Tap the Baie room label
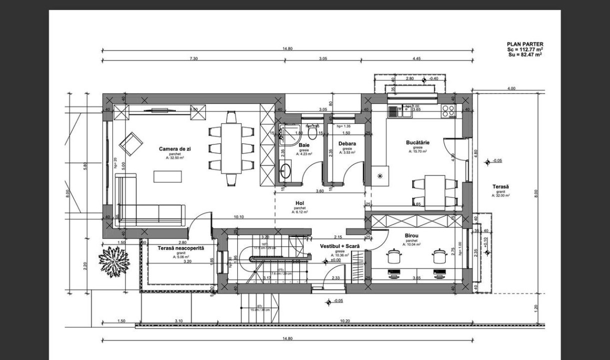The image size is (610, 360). pyautogui.click(x=304, y=144)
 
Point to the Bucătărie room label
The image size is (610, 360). pyautogui.click(x=418, y=142)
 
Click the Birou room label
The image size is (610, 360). pyautogui.click(x=412, y=235)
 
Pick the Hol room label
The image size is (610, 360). pyautogui.click(x=300, y=203)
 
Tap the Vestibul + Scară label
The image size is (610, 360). pyautogui.click(x=340, y=246)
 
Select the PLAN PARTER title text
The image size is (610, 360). pyautogui.click(x=525, y=44)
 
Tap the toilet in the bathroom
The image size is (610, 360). pyautogui.click(x=313, y=132)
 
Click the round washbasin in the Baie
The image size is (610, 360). pyautogui.click(x=286, y=170)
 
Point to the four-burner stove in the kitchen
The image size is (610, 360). pyautogui.click(x=448, y=110)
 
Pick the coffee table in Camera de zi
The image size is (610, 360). pyautogui.click(x=168, y=176)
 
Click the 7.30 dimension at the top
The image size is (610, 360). pyautogui.click(x=193, y=59)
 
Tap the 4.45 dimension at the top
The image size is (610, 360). pyautogui.click(x=417, y=59)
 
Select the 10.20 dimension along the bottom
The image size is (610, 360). pyautogui.click(x=344, y=321)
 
